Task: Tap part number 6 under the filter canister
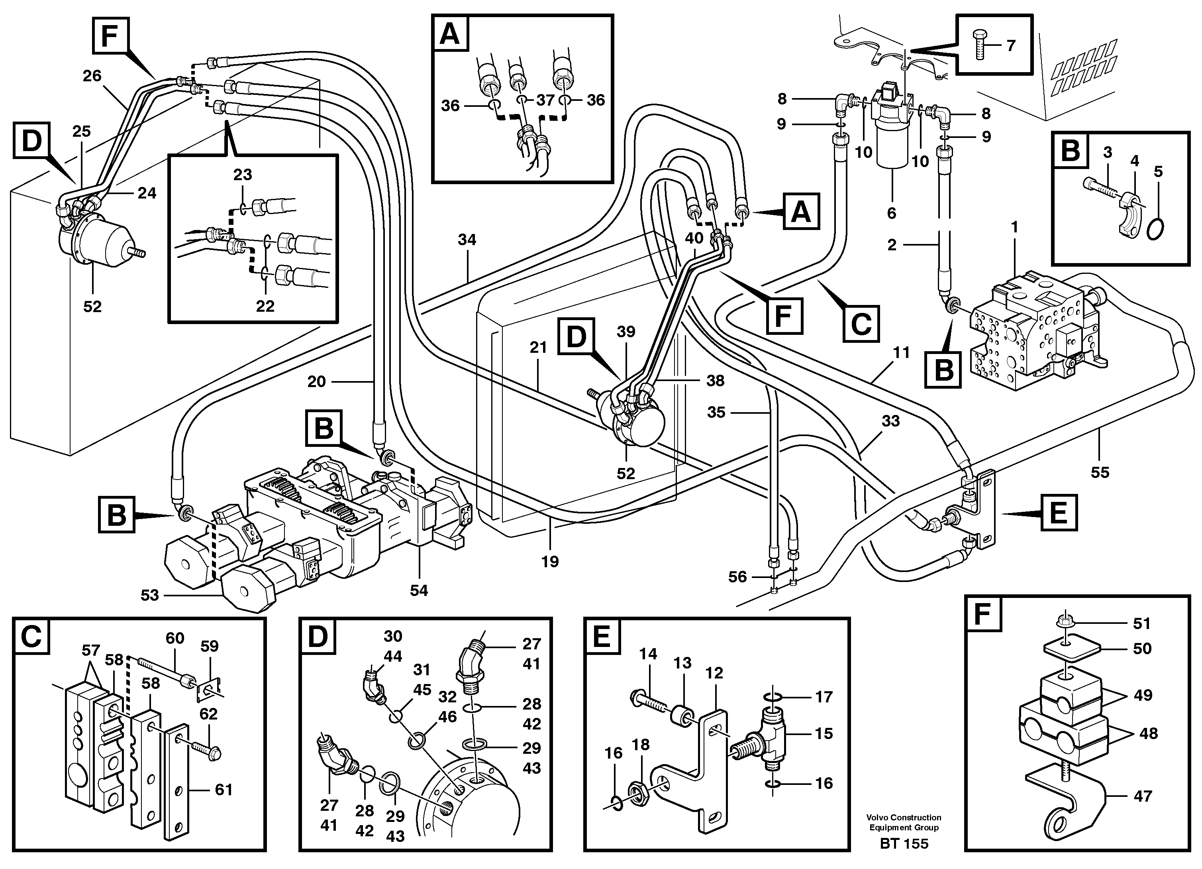891,213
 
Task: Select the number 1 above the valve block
1014,228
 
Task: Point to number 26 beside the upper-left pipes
92,76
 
